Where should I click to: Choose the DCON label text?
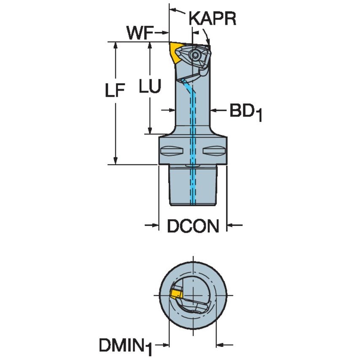[193, 227]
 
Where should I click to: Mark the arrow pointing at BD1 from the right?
[215, 110]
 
